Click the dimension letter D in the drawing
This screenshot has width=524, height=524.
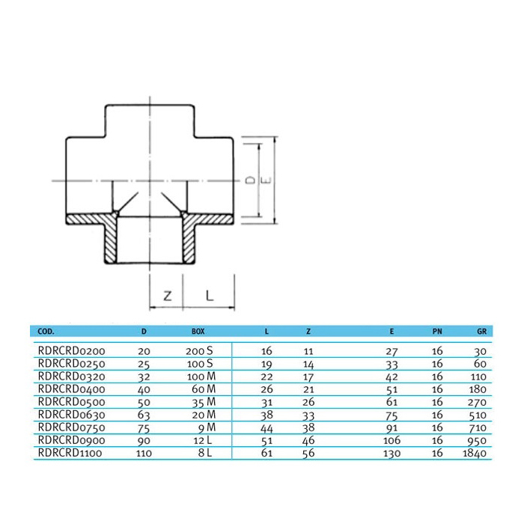(x=249, y=180)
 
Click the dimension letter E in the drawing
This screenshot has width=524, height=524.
(x=264, y=180)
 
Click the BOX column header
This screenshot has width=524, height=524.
(x=198, y=330)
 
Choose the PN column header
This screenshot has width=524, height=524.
(x=438, y=330)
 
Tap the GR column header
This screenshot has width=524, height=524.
(x=482, y=330)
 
